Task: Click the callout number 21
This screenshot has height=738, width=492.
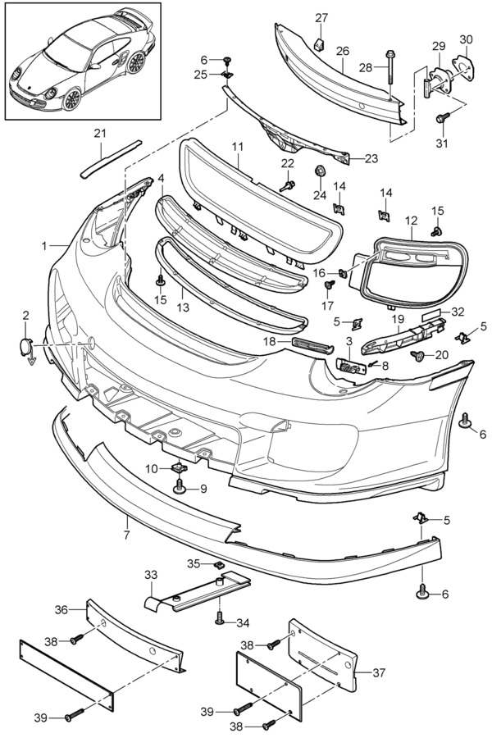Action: click(99, 133)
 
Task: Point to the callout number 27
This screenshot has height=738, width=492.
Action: click(321, 18)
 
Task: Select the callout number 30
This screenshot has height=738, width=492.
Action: click(466, 39)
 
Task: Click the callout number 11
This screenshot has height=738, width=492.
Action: click(238, 148)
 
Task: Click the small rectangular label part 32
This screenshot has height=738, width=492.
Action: click(432, 315)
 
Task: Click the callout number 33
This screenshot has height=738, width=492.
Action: click(150, 575)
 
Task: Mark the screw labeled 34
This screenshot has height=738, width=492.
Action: click(220, 617)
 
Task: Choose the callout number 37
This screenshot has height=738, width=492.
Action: click(378, 673)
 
